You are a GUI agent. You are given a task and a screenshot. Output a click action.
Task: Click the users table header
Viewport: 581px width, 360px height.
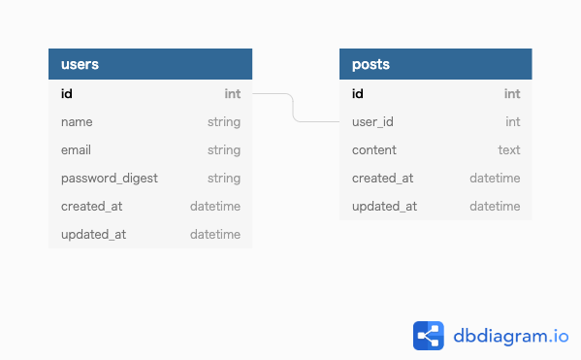pos(149,64)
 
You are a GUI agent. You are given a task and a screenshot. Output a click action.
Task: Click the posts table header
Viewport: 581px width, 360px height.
pos(436,64)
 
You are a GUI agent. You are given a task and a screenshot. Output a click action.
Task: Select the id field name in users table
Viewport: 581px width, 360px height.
pos(67,94)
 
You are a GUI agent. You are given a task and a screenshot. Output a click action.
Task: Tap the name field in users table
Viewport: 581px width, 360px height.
pos(77,122)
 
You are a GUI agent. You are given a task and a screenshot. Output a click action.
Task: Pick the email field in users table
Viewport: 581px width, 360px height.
pos(78,150)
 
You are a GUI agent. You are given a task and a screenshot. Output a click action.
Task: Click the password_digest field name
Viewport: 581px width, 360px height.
pos(109,179)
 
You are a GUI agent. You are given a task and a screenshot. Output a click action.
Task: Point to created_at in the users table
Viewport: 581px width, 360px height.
pos(91,207)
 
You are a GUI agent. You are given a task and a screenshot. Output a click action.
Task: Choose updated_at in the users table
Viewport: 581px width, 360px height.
pos(93,235)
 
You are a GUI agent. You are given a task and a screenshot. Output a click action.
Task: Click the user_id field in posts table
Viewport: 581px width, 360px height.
pos(372,122)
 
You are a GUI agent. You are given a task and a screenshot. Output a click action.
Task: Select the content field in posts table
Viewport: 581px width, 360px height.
pos(374,150)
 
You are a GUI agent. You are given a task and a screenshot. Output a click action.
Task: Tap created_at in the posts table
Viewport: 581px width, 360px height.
pos(382,179)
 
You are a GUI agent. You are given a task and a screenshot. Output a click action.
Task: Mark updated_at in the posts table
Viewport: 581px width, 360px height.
pos(384,207)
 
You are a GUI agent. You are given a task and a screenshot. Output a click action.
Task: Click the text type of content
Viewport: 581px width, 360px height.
pos(509,150)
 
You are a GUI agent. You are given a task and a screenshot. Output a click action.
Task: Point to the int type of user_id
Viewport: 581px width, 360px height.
pos(513,122)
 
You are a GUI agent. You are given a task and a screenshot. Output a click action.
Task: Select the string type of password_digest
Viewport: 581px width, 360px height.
pos(224,179)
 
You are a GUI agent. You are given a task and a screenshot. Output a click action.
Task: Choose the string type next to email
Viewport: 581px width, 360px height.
pos(224,150)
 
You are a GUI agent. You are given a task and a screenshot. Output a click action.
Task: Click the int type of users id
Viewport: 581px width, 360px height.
pos(233,94)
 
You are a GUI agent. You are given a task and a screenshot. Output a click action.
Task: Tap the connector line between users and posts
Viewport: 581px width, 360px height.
pos(293,108)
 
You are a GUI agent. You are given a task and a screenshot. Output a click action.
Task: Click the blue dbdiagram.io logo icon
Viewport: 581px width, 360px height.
pos(428,336)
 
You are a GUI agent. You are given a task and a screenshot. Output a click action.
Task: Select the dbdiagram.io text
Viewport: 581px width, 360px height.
pos(510,337)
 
